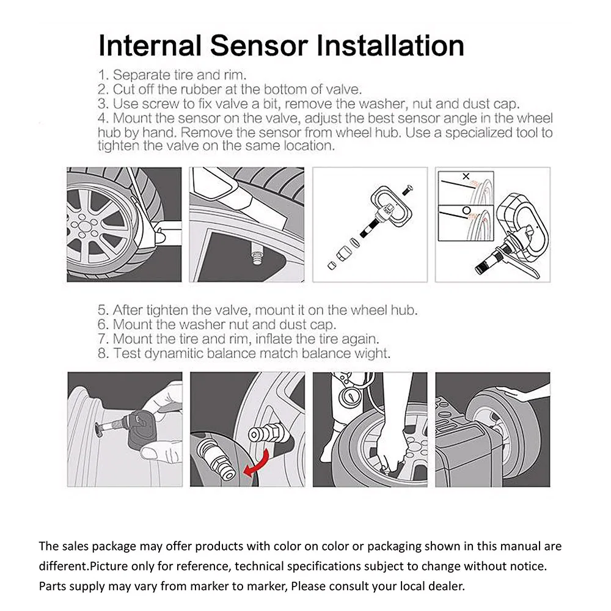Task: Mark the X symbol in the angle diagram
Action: [466, 177]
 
